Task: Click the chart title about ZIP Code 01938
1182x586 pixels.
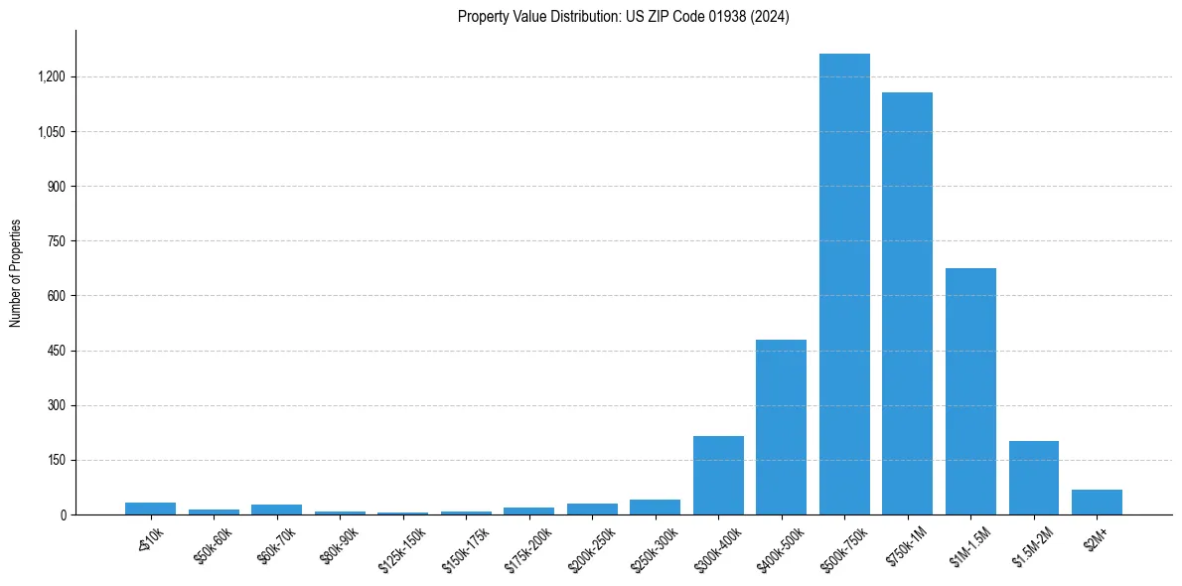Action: [x=623, y=17]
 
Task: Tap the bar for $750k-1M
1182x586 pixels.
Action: [x=907, y=303]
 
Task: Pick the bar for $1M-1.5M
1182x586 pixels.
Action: [x=970, y=391]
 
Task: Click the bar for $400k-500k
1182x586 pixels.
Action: [x=781, y=427]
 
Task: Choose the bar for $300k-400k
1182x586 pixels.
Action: [x=718, y=475]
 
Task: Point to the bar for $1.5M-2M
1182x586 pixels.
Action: [x=1033, y=478]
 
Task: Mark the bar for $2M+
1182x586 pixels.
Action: [x=1097, y=502]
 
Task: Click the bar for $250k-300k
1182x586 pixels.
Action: [x=655, y=507]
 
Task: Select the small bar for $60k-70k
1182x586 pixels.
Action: [x=276, y=510]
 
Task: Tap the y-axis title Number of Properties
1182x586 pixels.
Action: [x=16, y=272]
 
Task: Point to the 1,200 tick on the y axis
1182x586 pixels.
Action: [x=52, y=76]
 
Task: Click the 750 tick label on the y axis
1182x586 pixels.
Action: [x=57, y=241]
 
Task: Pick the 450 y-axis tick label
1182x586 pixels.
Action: [x=57, y=351]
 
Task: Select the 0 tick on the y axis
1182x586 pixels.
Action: [x=62, y=514]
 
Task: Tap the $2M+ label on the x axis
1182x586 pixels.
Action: [x=1097, y=535]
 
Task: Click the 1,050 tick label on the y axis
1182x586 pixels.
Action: [x=52, y=131]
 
